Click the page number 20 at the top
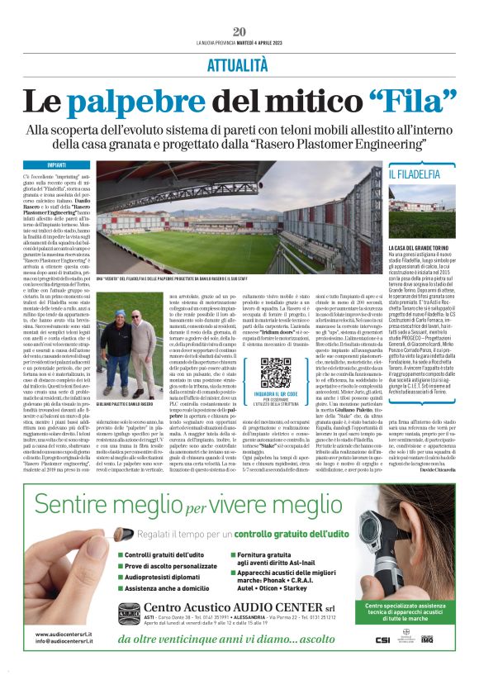click(x=239, y=31)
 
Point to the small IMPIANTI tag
click(x=57, y=164)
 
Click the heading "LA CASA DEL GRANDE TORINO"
click(x=420, y=247)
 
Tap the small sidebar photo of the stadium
click(x=422, y=212)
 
